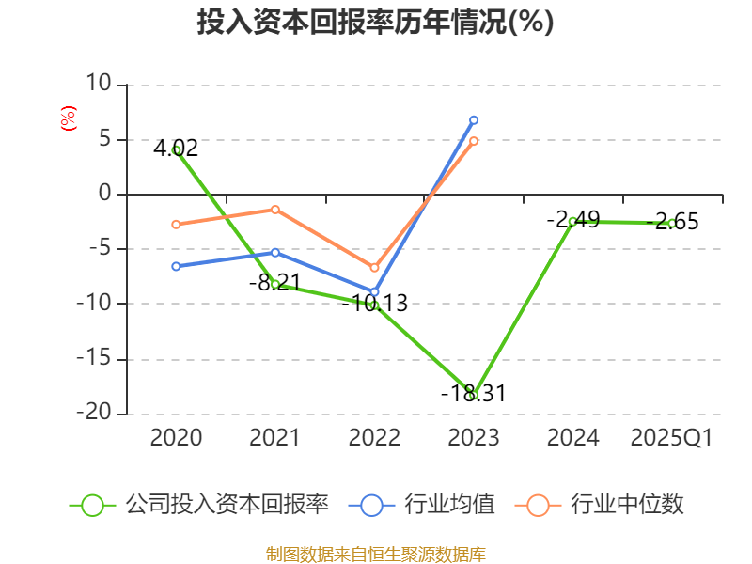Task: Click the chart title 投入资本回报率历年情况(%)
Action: [x=375, y=22]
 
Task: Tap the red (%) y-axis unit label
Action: [x=68, y=118]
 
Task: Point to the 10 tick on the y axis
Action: [x=98, y=85]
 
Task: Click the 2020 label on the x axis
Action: [x=176, y=437]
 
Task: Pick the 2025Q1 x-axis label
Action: [x=671, y=437]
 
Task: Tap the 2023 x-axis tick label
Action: [x=473, y=437]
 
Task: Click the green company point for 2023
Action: [x=474, y=396]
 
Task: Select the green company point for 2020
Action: [x=177, y=149]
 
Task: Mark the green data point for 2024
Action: [x=572, y=221]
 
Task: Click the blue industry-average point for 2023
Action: [x=474, y=119]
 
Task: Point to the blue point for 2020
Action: [x=177, y=266]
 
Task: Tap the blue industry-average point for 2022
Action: [x=374, y=292]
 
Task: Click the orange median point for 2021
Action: [x=275, y=209]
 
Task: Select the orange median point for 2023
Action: [x=474, y=141]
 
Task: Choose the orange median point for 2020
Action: [x=177, y=224]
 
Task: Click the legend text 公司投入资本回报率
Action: [x=227, y=505]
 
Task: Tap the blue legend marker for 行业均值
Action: [x=371, y=505]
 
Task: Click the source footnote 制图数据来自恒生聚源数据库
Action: [x=375, y=554]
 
